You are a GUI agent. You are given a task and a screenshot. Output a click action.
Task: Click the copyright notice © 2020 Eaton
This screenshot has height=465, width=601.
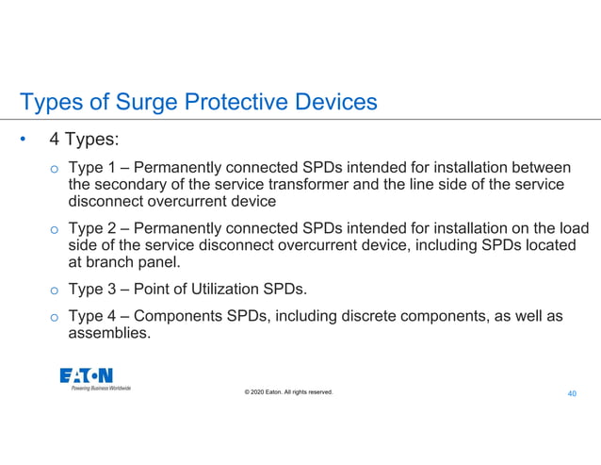click(288, 392)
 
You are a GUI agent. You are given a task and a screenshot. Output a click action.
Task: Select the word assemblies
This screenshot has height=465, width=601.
click(109, 332)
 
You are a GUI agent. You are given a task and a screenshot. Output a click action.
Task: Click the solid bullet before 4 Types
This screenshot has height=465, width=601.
click(22, 141)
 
